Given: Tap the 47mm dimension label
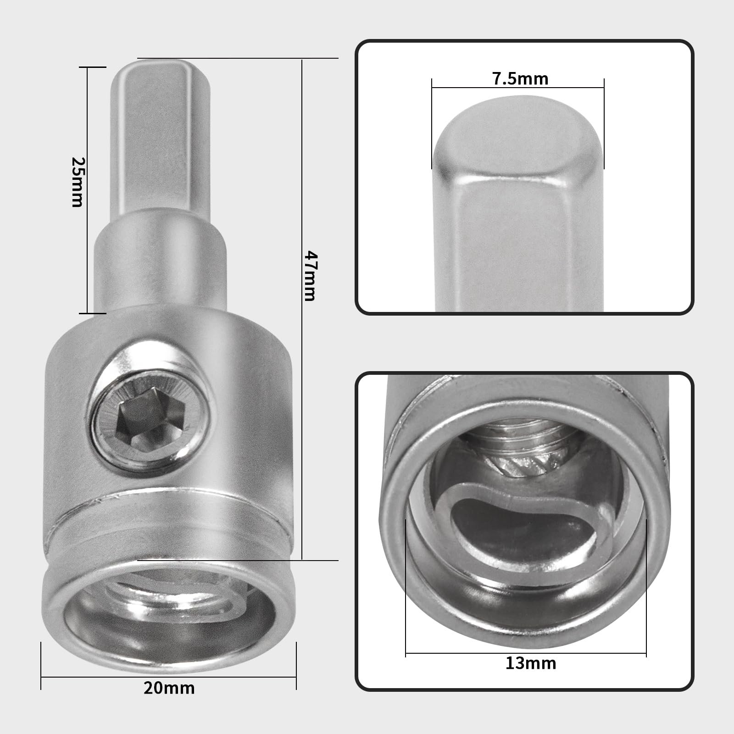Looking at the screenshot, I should pos(310,275).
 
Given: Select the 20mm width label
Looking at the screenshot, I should pos(169,688).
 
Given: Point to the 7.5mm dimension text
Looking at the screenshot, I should pos(520,79).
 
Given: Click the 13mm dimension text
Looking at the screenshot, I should pos(531,663).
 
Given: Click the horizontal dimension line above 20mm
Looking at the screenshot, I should pos(169,677).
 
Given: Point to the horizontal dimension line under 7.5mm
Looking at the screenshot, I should pos(517,88).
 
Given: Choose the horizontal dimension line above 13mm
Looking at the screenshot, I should pos(526,653).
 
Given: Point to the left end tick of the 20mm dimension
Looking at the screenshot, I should pos(41,665).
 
